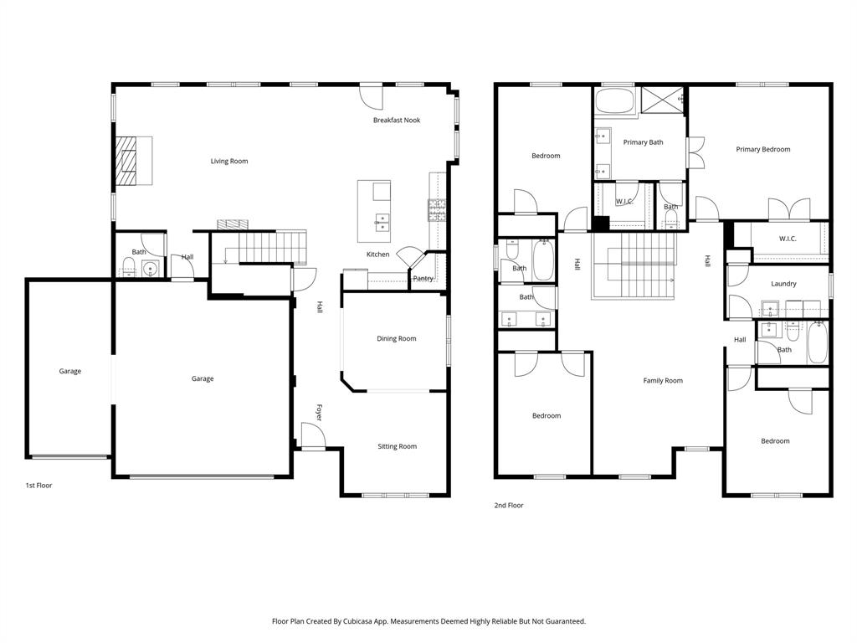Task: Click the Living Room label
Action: pos(228,161)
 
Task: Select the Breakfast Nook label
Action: pos(397,121)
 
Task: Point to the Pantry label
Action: pos(423,279)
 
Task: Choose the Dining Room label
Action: pos(396,339)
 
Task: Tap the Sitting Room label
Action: pos(396,447)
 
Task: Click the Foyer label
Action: pos(319,413)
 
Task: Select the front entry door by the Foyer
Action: pos(312,436)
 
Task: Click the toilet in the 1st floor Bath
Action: pos(129,268)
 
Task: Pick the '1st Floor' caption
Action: pos(38,486)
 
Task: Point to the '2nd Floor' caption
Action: pos(509,506)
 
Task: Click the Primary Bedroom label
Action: pos(762,150)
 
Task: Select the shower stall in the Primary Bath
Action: pos(664,100)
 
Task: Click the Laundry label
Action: pos(783,284)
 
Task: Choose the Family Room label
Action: pos(663,381)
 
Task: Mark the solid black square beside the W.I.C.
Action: pos(600,224)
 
